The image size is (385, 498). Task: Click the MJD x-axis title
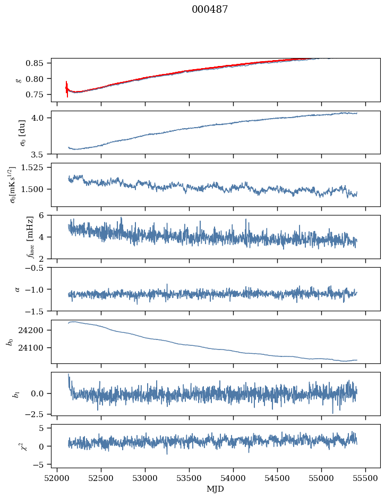(215, 489)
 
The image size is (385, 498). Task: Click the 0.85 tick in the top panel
(38, 63)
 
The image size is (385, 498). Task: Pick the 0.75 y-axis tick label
(38, 95)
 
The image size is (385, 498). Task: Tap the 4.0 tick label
(42, 118)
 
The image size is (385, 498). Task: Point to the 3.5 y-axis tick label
(42, 155)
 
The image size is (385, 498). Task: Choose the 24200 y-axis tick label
(35, 330)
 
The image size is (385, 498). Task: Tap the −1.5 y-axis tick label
(38, 311)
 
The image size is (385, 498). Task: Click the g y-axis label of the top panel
(19, 80)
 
